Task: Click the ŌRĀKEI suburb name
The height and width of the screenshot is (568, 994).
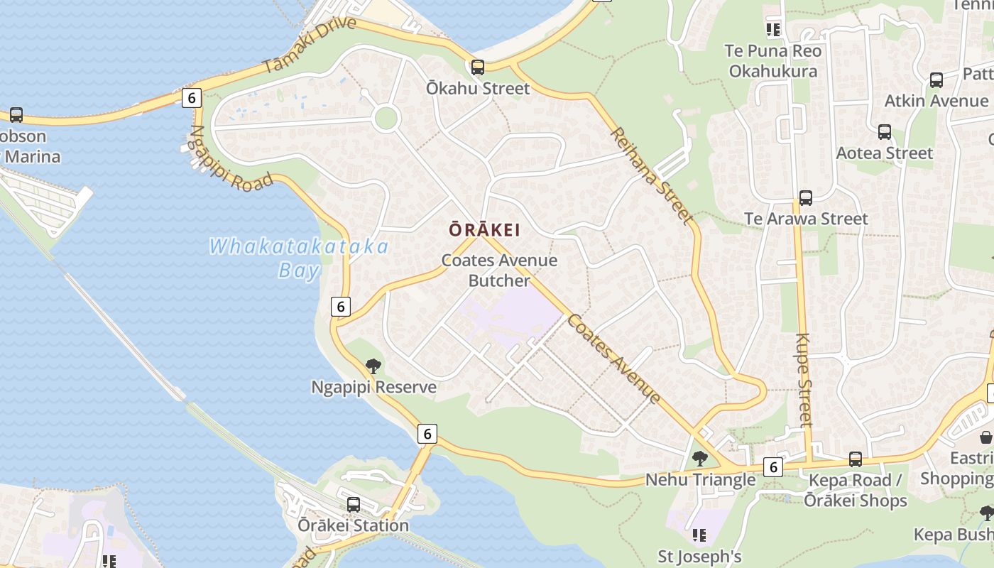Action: (x=485, y=230)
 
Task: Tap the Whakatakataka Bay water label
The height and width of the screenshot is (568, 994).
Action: (x=299, y=258)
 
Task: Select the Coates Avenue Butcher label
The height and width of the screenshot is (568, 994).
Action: (x=499, y=271)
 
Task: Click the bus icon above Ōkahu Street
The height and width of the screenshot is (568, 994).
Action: (x=478, y=67)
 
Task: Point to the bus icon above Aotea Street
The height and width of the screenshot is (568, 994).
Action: (x=884, y=132)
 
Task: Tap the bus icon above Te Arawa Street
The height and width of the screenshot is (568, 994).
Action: (x=805, y=198)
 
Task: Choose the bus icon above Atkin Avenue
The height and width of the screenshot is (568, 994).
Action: (x=936, y=80)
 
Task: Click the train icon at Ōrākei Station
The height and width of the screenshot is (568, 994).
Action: (x=353, y=505)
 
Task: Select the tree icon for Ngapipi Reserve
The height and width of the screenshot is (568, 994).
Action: (x=373, y=366)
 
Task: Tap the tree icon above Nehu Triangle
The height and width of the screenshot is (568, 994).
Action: (x=699, y=459)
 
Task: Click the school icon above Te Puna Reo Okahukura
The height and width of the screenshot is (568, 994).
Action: (x=772, y=30)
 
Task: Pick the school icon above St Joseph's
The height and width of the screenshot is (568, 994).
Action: (x=699, y=535)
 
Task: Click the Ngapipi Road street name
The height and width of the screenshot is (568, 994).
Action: (x=231, y=158)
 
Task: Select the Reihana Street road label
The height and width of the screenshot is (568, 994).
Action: (x=650, y=174)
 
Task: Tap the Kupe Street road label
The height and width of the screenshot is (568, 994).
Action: (x=804, y=380)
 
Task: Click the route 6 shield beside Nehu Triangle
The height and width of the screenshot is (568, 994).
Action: (x=773, y=466)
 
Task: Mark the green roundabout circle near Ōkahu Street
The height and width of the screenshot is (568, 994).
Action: (x=386, y=118)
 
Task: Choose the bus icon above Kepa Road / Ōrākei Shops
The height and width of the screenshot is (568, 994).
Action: (x=855, y=459)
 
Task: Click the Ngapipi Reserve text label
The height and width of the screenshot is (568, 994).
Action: (x=373, y=388)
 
